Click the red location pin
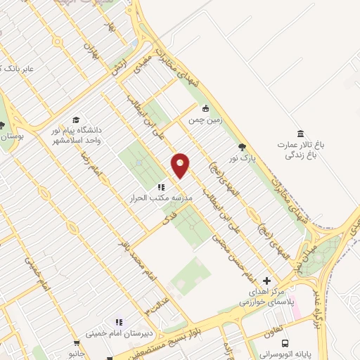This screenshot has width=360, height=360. pos(181,166)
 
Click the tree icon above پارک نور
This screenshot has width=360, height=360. pos(243,147)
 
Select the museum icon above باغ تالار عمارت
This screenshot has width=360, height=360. pos(301,134)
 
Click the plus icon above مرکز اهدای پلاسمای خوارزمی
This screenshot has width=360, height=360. pos(266,281)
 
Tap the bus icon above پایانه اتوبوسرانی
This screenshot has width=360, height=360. pos(285,343)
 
